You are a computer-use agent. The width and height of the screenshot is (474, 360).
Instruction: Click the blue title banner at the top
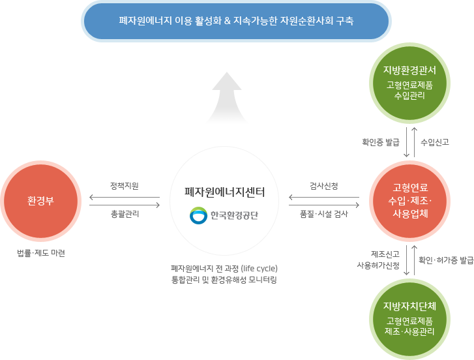236,21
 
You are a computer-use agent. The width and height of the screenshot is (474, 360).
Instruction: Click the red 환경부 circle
41,201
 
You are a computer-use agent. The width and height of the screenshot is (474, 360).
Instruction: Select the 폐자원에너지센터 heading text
224,192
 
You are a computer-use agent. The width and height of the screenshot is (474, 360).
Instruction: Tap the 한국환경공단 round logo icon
198,215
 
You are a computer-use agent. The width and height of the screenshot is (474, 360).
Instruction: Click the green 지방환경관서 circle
410,83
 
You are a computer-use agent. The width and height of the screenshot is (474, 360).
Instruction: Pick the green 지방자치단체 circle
410,319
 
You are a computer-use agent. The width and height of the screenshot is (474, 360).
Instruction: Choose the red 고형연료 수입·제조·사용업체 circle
410,201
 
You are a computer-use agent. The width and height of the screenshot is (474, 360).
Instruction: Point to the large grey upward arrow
227,97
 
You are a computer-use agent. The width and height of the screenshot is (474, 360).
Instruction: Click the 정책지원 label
125,186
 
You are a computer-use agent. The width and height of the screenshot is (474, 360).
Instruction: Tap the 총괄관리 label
125,214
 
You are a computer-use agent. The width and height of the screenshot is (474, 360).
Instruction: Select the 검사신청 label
324,186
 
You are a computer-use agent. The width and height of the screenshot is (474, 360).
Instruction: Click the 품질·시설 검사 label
324,214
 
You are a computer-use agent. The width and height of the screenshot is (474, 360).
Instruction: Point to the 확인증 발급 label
381,142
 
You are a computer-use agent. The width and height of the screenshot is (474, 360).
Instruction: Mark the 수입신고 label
435,142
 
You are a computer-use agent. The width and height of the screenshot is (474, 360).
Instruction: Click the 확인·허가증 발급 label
446,260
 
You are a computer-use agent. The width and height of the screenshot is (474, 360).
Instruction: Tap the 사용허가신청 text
378,265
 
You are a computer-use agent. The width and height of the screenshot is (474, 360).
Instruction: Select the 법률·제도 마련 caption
41,253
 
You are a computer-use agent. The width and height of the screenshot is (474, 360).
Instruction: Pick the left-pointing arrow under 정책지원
125,198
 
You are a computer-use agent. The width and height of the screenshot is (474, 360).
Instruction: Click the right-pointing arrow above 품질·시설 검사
324,205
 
